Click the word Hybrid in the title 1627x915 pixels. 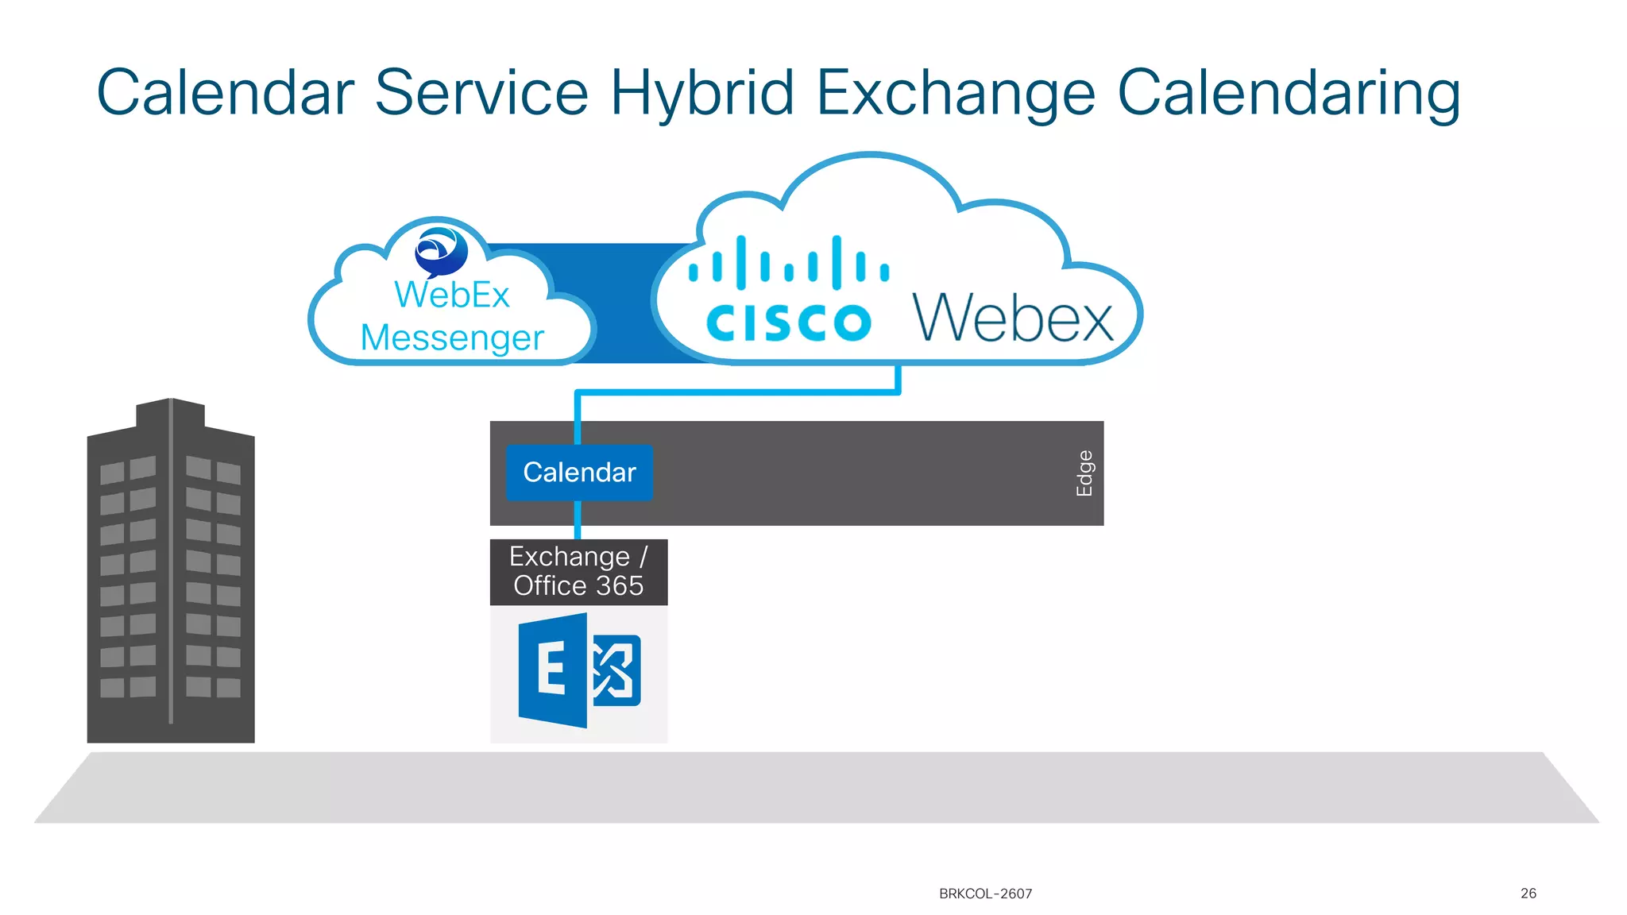tap(701, 94)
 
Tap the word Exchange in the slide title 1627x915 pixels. tap(955, 94)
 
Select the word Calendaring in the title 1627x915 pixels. tap(1288, 94)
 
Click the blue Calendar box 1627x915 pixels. tap(579, 473)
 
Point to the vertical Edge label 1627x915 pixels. tap(1084, 473)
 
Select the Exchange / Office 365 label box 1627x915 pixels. tap(578, 572)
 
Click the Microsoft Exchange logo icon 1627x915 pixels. tap(579, 670)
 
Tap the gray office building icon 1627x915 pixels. tap(171, 572)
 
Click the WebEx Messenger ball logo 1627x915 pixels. tap(441, 251)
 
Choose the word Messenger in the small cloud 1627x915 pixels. tap(452, 338)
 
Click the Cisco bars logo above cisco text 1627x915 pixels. tap(788, 263)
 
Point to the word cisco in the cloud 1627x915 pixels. tap(788, 322)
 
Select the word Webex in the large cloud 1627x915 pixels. tap(1013, 318)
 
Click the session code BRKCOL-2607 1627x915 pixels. tap(985, 894)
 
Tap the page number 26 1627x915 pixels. tap(1528, 894)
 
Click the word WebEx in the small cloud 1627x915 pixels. tap(452, 295)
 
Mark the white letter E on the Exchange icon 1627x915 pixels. tap(551, 669)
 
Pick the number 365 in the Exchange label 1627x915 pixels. tap(620, 586)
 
